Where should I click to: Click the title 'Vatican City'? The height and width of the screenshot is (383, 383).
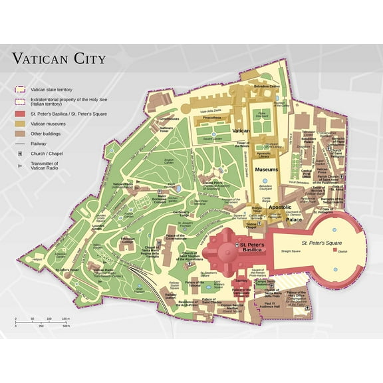(59, 59)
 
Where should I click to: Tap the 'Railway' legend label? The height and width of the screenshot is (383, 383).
(39, 143)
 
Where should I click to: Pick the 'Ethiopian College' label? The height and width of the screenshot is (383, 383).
(127, 240)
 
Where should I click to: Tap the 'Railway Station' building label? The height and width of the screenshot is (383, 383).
(171, 295)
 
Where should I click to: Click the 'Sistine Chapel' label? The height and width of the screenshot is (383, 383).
(251, 225)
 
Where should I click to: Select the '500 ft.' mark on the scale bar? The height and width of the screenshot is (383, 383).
(66, 326)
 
